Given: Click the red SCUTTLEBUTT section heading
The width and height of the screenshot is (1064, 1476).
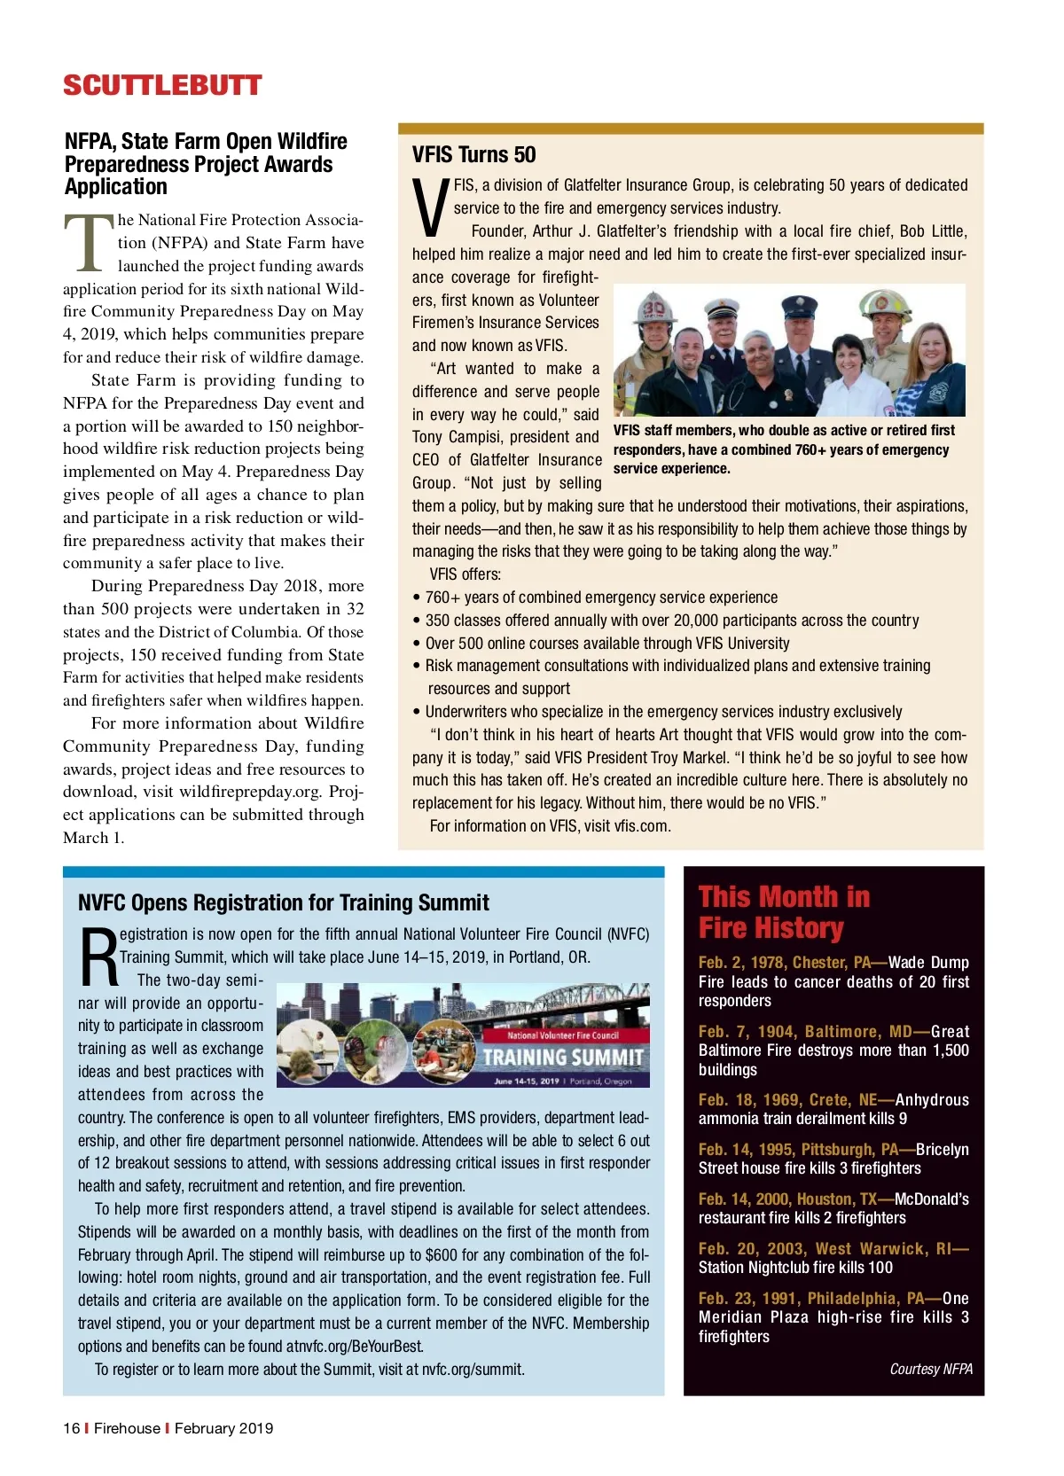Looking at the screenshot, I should click(162, 86).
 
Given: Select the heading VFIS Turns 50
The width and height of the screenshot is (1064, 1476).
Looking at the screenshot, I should click(473, 155).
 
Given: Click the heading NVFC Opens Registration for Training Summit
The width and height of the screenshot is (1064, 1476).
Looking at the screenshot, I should click(283, 903).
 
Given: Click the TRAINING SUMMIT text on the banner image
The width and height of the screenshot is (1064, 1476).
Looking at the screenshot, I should click(563, 1058).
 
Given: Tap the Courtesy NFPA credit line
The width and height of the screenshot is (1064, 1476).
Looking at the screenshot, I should click(931, 1369).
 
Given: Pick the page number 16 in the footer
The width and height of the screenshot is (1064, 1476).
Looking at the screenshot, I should click(71, 1428).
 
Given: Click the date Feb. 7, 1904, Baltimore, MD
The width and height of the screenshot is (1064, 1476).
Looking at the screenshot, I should click(805, 1032).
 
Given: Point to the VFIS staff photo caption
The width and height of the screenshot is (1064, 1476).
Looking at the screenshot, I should click(784, 449).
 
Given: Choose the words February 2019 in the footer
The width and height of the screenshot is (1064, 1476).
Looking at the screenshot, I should click(223, 1428).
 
